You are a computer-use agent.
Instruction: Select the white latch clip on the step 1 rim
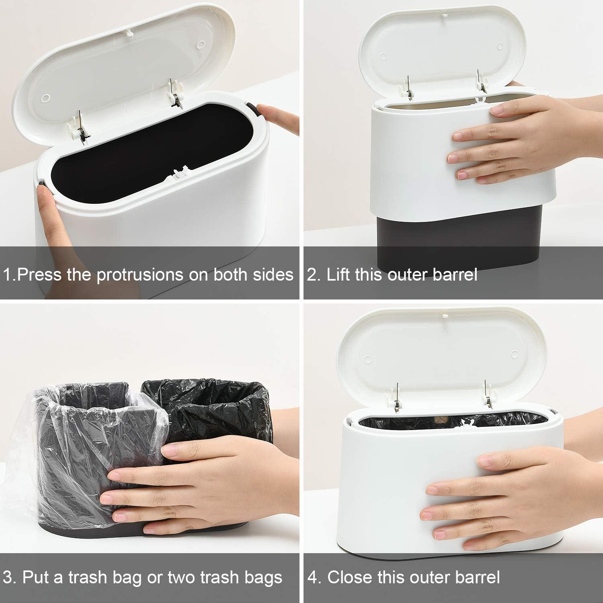[180, 174]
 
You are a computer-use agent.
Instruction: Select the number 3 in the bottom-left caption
[8, 578]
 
